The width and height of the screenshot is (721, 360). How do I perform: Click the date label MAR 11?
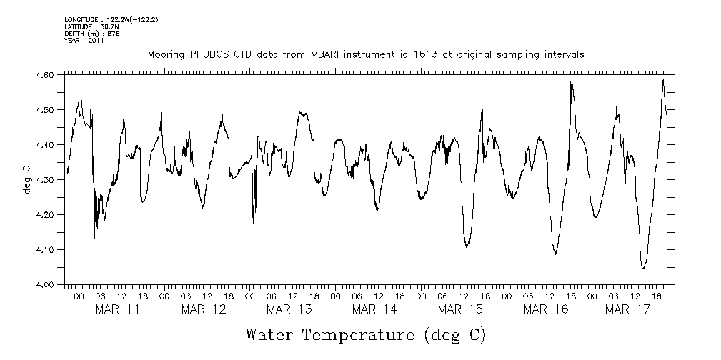tap(117, 309)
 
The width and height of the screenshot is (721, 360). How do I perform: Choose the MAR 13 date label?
tap(289, 309)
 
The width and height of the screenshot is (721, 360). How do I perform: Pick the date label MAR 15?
tap(460, 309)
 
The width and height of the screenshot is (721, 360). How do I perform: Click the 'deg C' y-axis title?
tap(26, 179)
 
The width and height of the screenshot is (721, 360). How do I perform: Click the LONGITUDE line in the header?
tap(111, 20)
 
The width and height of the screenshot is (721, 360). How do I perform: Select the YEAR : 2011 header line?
tap(84, 41)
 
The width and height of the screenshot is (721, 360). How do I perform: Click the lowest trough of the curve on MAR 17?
tap(643, 269)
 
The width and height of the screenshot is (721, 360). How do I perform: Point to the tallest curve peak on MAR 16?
tap(571, 82)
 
